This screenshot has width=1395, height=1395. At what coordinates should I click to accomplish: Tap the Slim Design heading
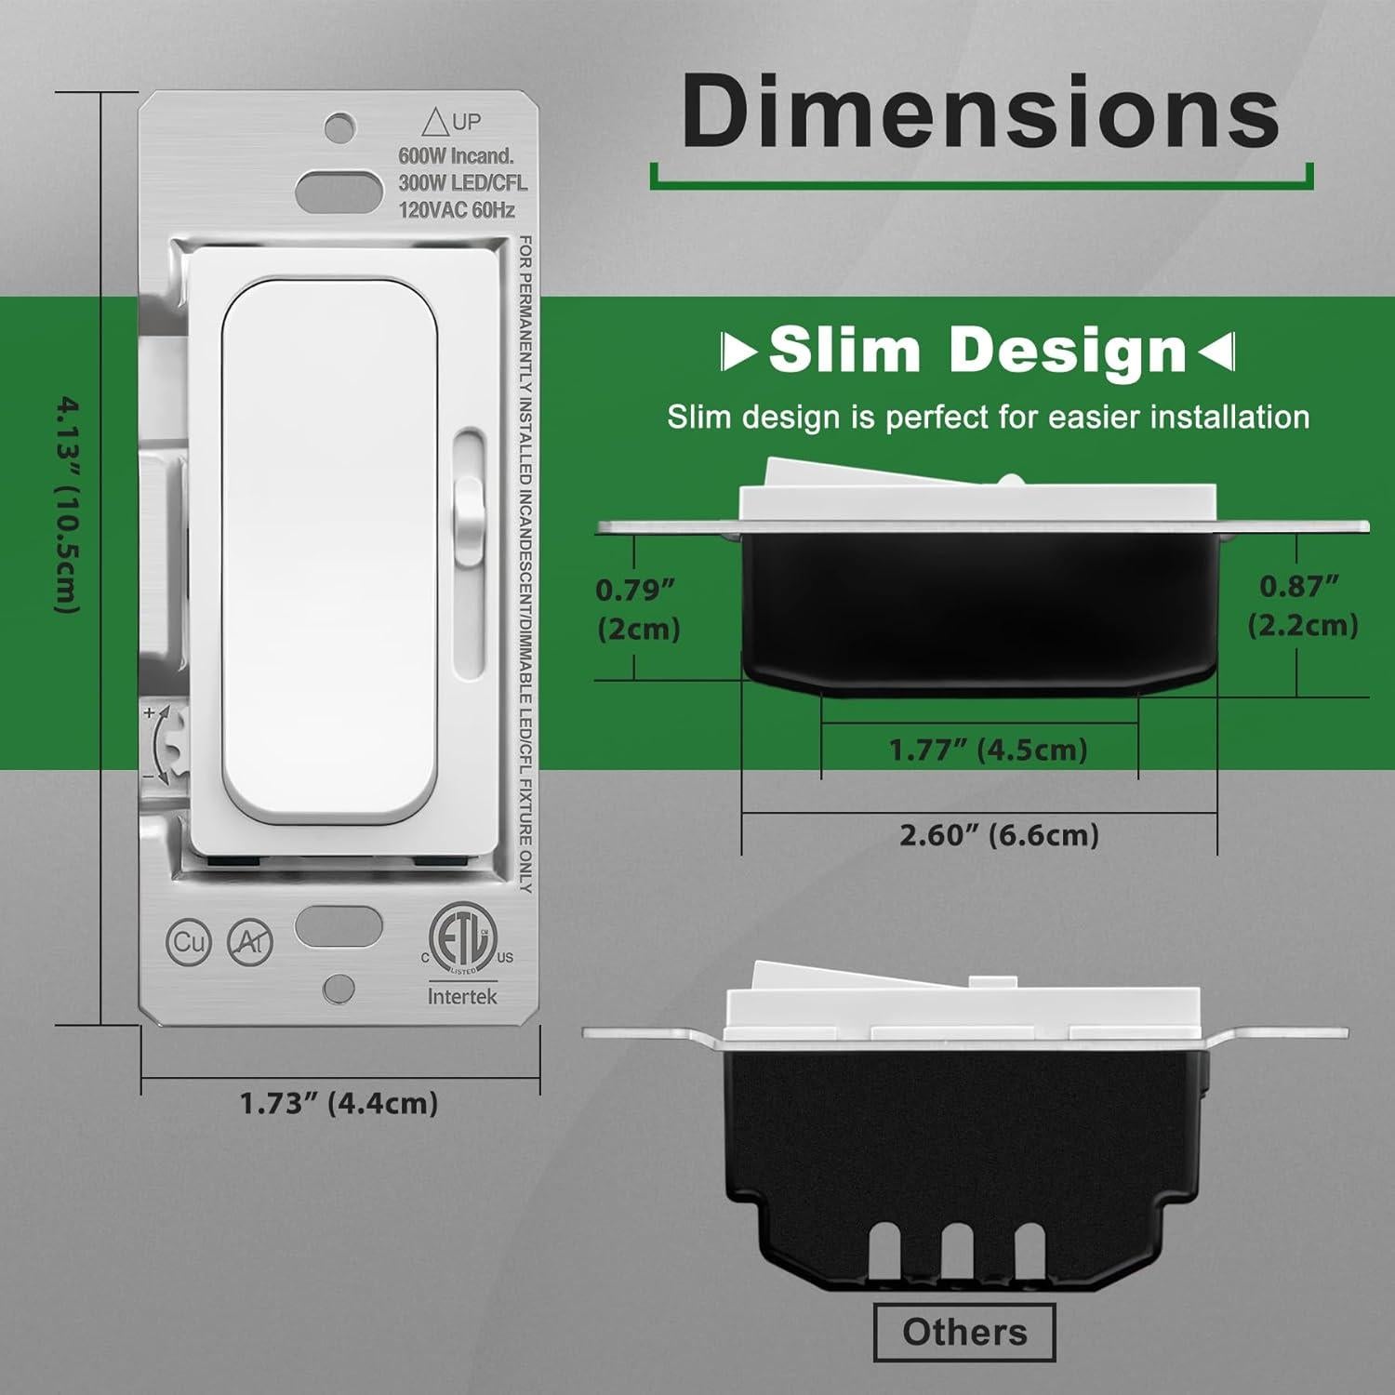pyautogui.click(x=978, y=351)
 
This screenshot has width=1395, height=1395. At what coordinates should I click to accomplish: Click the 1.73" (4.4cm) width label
pyautogui.click(x=339, y=1103)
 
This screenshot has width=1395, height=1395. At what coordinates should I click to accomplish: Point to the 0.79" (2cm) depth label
pyautogui.click(x=638, y=609)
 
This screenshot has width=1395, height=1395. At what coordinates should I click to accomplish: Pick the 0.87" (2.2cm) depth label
pyautogui.click(x=1302, y=605)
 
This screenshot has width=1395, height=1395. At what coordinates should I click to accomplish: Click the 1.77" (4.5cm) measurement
pyautogui.click(x=988, y=750)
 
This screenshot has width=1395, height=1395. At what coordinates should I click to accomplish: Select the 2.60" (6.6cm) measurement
pyautogui.click(x=999, y=834)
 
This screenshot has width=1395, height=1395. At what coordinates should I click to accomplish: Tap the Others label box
pyautogui.click(x=964, y=1332)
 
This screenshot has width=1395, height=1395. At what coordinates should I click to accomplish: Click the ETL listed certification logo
pyautogui.click(x=460, y=939)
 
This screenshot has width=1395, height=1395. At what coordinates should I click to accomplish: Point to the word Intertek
pyautogui.click(x=462, y=996)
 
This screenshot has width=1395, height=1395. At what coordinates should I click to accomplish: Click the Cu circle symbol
pyautogui.click(x=189, y=942)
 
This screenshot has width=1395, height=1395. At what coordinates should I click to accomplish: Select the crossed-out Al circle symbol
pyautogui.click(x=250, y=942)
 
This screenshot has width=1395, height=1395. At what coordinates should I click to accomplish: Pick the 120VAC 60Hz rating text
pyautogui.click(x=456, y=210)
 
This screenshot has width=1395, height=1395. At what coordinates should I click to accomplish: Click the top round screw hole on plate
pyautogui.click(x=339, y=126)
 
